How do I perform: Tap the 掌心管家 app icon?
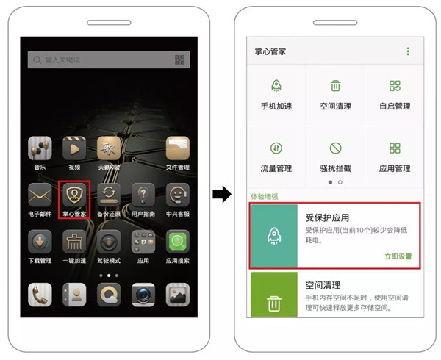[74, 195]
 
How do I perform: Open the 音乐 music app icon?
[40, 149]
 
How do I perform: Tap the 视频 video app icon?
[74, 149]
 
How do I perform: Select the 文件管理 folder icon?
[178, 149]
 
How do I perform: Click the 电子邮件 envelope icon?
[40, 195]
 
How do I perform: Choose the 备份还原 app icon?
[109, 195]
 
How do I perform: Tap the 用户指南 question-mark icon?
[143, 195]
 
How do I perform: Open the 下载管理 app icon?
[40, 242]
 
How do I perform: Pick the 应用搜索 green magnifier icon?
[178, 242]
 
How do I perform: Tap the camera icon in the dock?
[143, 294]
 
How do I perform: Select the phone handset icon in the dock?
[40, 294]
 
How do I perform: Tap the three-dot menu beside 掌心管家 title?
[408, 51]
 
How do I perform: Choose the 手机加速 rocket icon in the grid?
[276, 86]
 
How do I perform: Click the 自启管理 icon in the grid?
[395, 86]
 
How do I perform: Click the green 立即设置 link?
[398, 256]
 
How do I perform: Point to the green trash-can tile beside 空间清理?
[273, 300]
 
